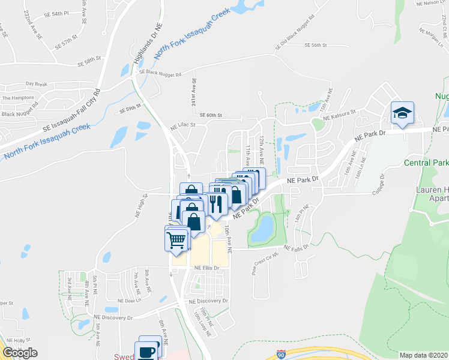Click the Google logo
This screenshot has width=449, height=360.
point(20,353)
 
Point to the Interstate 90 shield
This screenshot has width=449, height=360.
point(281,355)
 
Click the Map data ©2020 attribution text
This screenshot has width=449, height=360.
point(423,355)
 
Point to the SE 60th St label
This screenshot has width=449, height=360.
point(211,115)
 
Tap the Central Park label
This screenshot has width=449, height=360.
point(426,163)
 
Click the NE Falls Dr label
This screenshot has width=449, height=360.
point(296,247)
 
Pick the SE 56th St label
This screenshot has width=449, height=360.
point(315,45)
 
